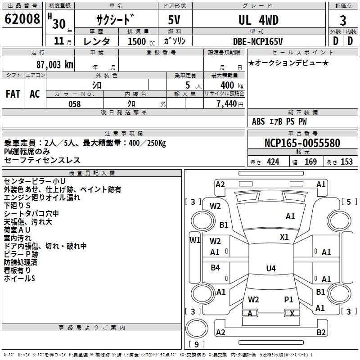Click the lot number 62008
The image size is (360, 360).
pyautogui.click(x=22, y=20)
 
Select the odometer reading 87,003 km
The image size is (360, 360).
pyautogui.click(x=54, y=64)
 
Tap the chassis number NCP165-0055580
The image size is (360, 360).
pyautogui.click(x=302, y=143)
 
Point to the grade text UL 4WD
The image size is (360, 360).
pyautogui.click(x=258, y=20)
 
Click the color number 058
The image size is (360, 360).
pyautogui.click(x=74, y=104)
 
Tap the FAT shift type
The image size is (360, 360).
pyautogui.click(x=13, y=94)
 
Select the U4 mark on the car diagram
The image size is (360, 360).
pyautogui.click(x=270, y=269)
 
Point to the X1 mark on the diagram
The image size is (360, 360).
pyautogui.click(x=284, y=237)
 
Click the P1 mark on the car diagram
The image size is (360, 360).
pyautogui.click(x=288, y=299)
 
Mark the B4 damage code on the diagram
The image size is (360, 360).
pyautogui.click(x=216, y=268)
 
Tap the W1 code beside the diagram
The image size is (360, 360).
pyautogui.click(x=194, y=240)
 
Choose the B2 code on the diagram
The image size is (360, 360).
pyautogui.click(x=321, y=333)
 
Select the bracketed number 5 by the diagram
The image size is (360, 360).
pyautogui.click(x=349, y=202)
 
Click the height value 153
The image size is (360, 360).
pyautogui.click(x=346, y=162)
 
